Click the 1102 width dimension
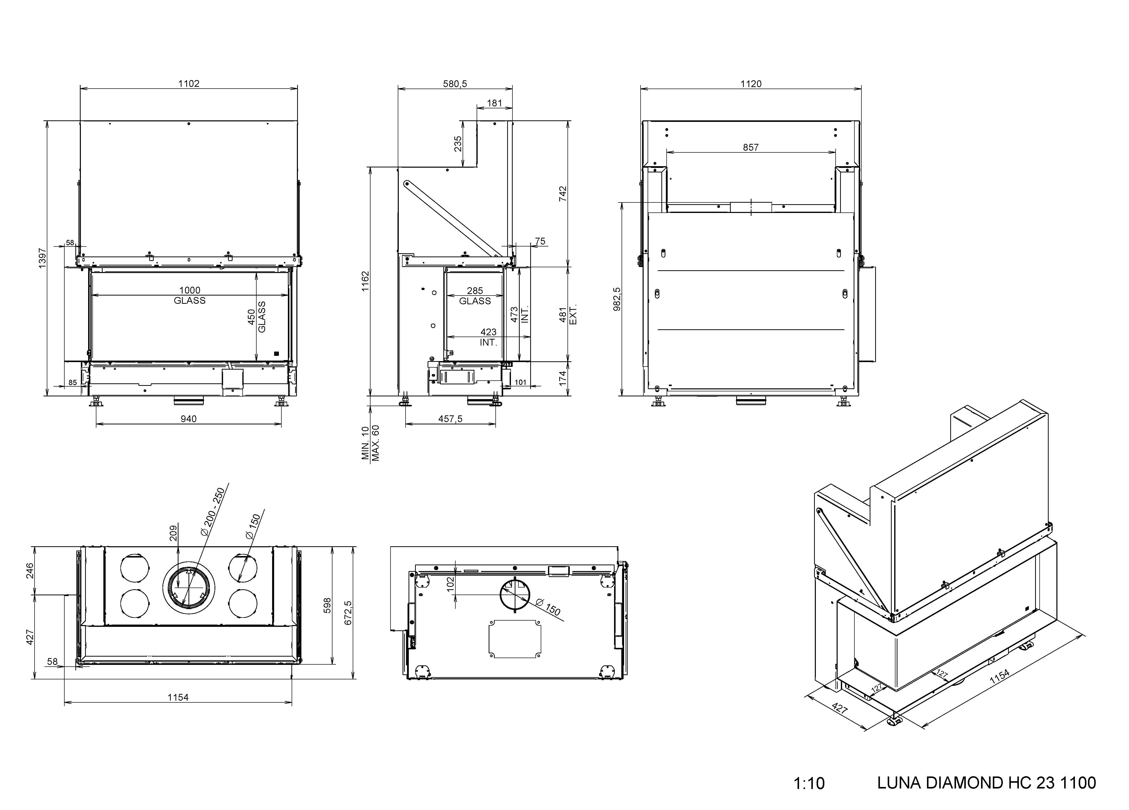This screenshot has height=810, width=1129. coord(189,84)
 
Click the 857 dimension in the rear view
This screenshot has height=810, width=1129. coord(751,147)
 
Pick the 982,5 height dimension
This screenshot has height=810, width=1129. coord(617,299)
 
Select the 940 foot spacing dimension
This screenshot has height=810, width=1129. coord(189,419)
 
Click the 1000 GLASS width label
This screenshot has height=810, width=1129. coord(190,295)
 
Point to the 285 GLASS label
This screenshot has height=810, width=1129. coord(475,296)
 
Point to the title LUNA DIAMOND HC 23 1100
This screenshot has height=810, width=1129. coord(986,783)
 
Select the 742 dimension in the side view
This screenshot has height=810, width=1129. coord(563,193)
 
